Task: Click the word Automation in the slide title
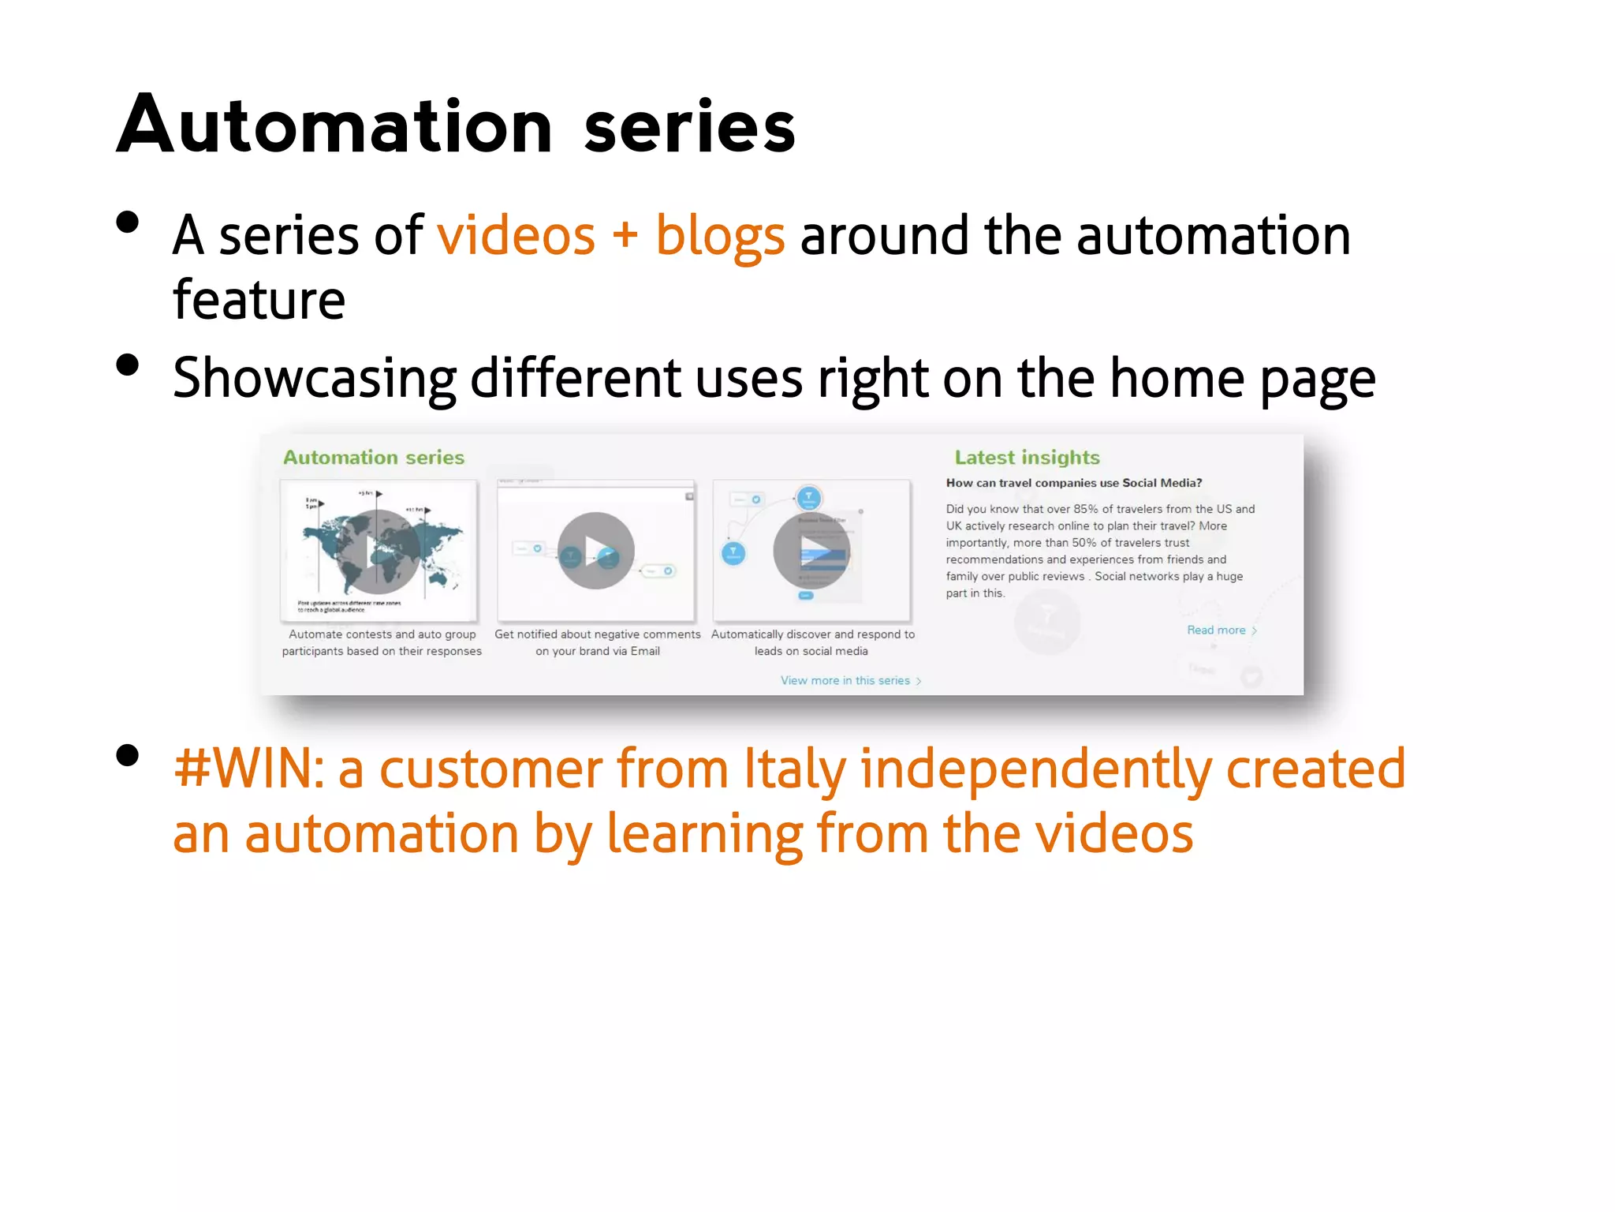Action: coord(335,126)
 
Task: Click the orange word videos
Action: coord(517,236)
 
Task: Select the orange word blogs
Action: coord(720,236)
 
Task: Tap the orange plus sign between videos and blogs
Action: coord(625,236)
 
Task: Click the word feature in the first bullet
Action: coord(259,301)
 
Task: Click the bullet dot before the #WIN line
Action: coord(127,755)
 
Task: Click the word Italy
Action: coord(795,769)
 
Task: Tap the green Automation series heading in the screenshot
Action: coord(374,458)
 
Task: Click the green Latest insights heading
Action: coord(1027,458)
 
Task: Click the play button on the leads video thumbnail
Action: coord(811,551)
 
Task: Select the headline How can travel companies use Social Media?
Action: coord(1073,483)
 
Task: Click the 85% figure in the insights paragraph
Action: coord(1085,509)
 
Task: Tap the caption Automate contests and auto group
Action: coord(382,634)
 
